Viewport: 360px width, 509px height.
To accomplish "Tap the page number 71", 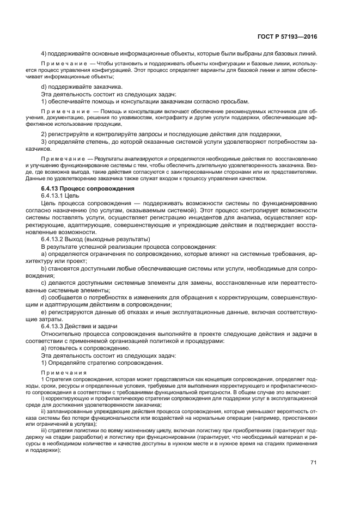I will click(x=314, y=462).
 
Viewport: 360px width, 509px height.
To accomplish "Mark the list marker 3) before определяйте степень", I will click(x=44, y=142).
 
